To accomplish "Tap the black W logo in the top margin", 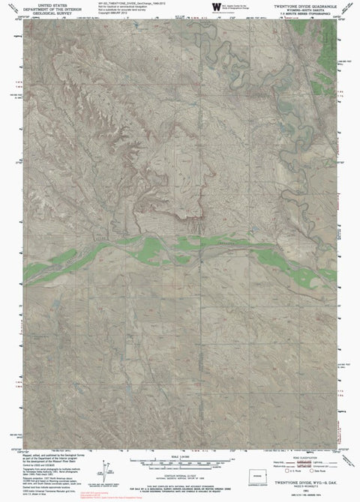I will coord(217,7).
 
